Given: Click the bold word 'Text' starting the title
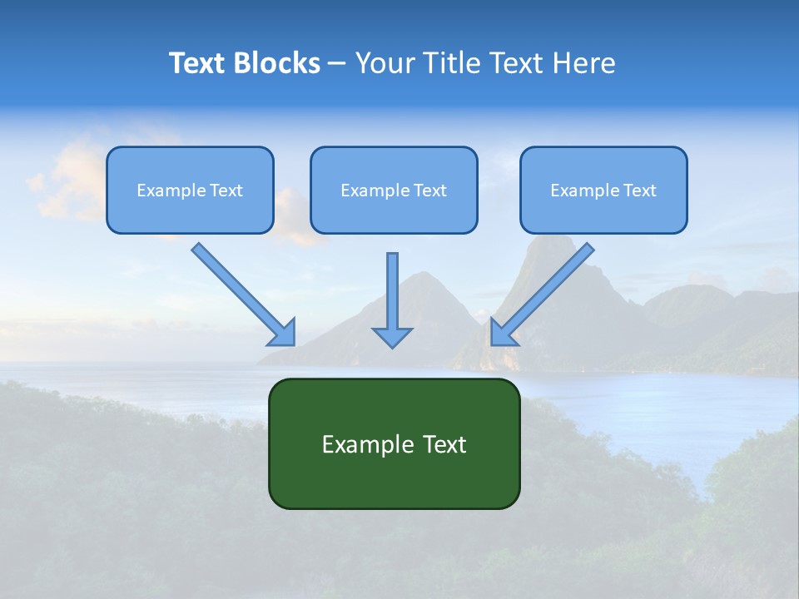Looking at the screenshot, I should click(x=196, y=63).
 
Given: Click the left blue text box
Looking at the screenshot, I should click(x=190, y=190).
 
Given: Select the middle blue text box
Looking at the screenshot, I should click(x=394, y=190).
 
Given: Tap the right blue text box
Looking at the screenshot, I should click(x=603, y=190).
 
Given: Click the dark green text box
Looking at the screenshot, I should click(x=394, y=443).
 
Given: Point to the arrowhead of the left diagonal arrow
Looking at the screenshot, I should click(x=283, y=332).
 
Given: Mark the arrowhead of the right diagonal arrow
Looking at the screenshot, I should click(x=502, y=332).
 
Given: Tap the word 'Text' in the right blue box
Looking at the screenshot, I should click(x=639, y=191).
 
